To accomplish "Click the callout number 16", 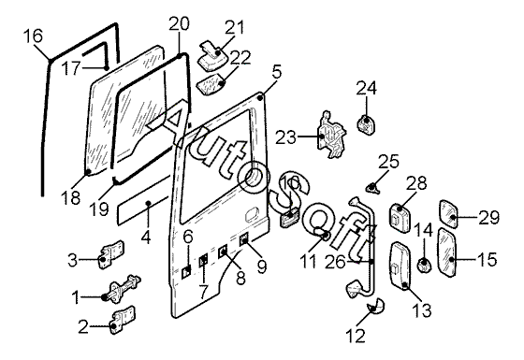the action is pyautogui.click(x=34, y=36).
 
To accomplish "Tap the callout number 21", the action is pyautogui.click(x=234, y=28).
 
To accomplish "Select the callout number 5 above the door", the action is pyautogui.click(x=277, y=72).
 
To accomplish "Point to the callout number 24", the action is pyautogui.click(x=366, y=89).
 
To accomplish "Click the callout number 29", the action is pyautogui.click(x=488, y=218).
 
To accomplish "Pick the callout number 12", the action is pyautogui.click(x=356, y=336).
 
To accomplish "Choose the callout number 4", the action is pyautogui.click(x=146, y=238).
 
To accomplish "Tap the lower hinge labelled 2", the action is pyautogui.click(x=124, y=320).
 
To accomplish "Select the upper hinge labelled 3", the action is pyautogui.click(x=112, y=253).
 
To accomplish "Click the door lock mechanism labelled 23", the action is pyautogui.click(x=331, y=135).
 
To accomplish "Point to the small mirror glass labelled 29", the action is pyautogui.click(x=448, y=214).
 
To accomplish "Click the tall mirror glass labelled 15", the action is pyautogui.click(x=447, y=252).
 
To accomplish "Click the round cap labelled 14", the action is pyautogui.click(x=424, y=266).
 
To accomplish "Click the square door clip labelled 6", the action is pyautogui.click(x=187, y=272).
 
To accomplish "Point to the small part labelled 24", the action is pyautogui.click(x=366, y=123).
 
